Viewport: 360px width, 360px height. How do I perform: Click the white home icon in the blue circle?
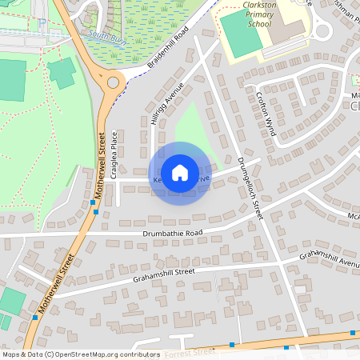[x=180, y=172]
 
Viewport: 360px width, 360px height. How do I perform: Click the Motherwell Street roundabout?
[x=113, y=82]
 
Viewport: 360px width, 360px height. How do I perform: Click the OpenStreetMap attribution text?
[x=81, y=354]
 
